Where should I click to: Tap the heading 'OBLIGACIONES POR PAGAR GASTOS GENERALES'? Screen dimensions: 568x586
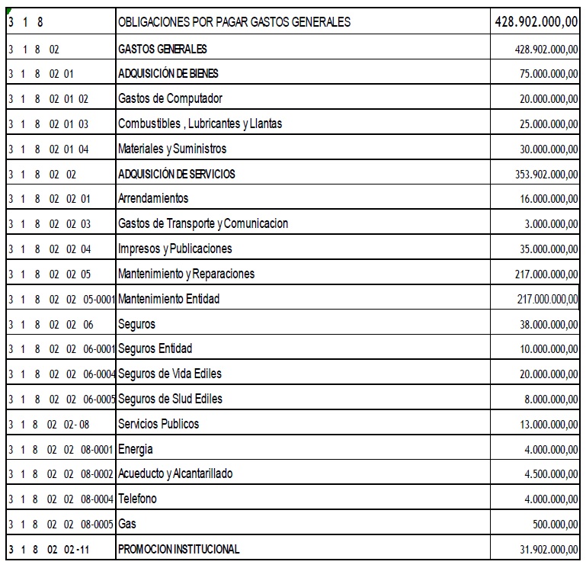click(235, 22)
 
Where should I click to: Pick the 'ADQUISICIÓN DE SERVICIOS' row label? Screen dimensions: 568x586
click(177, 174)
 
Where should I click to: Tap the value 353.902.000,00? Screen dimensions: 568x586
click(545, 174)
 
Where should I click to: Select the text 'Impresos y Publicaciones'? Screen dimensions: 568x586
click(175, 249)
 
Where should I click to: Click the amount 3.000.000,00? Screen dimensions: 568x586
click(549, 223)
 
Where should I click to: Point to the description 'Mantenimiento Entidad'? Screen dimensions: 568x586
click(168, 299)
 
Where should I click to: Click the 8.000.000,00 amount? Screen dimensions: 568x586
click(549, 399)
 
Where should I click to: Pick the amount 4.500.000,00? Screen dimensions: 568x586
click(549, 473)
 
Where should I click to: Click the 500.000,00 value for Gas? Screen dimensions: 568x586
click(553, 524)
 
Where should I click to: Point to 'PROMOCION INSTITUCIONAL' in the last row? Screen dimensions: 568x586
click(179, 549)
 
